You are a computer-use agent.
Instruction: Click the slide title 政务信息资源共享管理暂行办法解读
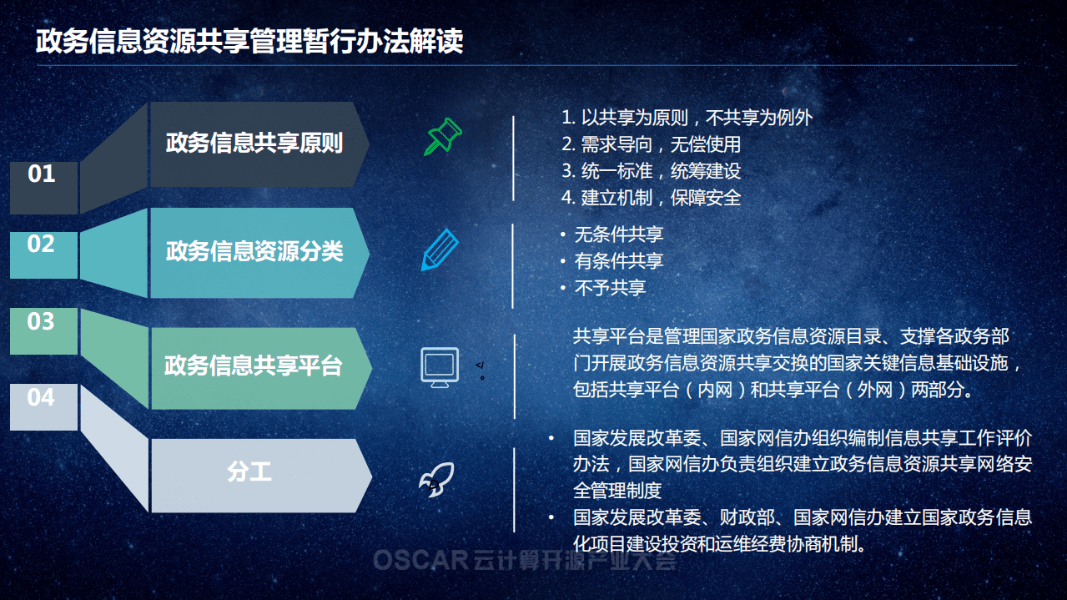coord(249,42)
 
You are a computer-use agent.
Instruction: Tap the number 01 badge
coord(42,174)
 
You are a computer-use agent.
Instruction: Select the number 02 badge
coord(41,245)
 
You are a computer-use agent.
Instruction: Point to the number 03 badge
coord(41,322)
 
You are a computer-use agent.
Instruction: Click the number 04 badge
coord(41,398)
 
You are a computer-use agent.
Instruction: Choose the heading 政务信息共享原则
coord(254,143)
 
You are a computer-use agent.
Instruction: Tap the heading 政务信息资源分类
coord(254,251)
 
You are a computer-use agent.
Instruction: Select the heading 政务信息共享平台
coord(254,366)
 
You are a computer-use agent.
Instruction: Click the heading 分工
coord(249,471)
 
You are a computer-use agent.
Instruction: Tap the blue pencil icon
coord(440,249)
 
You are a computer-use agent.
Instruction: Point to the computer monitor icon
coord(440,366)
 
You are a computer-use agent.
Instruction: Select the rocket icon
coord(436,480)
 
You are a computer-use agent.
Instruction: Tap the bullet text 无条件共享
coord(618,234)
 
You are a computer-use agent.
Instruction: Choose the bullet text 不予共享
coord(610,288)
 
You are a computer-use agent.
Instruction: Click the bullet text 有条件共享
coord(618,261)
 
